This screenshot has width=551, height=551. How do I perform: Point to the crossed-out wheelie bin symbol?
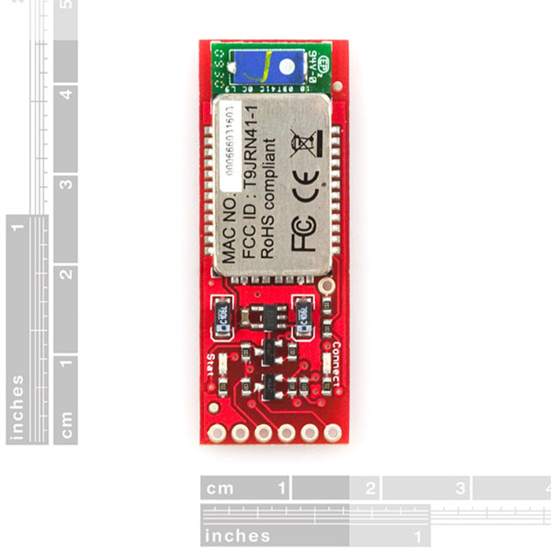(x=302, y=144)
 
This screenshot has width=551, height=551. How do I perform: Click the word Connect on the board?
(x=337, y=363)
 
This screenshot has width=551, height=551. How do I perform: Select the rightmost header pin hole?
(x=333, y=432)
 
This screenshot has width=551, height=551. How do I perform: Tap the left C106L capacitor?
(x=222, y=315)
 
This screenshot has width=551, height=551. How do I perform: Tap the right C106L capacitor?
(x=305, y=314)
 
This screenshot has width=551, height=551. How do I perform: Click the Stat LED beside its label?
(x=224, y=364)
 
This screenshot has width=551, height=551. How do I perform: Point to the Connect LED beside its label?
(x=325, y=363)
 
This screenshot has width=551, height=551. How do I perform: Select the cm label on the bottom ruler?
(x=220, y=488)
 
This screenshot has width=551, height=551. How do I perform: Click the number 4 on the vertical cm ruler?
(x=67, y=94)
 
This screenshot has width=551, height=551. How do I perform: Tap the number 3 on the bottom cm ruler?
(x=460, y=488)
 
